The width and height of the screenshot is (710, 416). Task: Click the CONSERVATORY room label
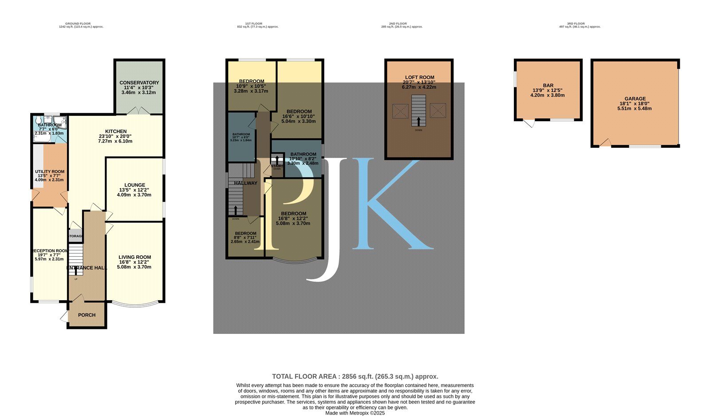click(x=139, y=83)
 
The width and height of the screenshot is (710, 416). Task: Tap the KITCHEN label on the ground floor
click(x=116, y=131)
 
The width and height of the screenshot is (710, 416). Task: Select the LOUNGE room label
click(x=134, y=185)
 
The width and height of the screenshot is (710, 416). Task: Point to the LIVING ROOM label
click(x=134, y=257)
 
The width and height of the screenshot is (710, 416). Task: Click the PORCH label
click(x=87, y=315)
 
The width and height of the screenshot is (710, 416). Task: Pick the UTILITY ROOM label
click(x=50, y=171)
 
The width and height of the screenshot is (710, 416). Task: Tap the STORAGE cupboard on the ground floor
click(x=75, y=236)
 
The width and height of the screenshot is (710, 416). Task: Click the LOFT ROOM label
click(x=419, y=77)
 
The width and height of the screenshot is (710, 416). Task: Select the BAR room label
click(x=548, y=85)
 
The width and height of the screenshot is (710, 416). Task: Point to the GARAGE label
click(x=635, y=99)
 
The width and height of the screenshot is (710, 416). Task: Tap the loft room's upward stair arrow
click(x=418, y=121)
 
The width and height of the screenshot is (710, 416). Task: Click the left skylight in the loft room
click(x=401, y=111)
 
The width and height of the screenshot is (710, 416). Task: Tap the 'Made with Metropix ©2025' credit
click(x=355, y=413)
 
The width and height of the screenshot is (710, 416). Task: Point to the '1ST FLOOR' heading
click(x=254, y=24)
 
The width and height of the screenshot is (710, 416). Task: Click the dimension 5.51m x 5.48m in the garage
click(x=635, y=108)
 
